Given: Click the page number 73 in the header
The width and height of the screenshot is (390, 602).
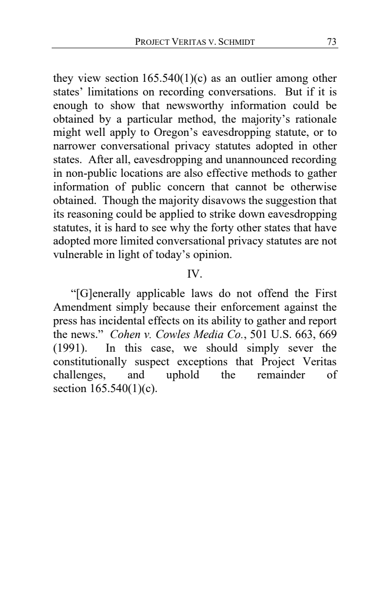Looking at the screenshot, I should click(x=331, y=42).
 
